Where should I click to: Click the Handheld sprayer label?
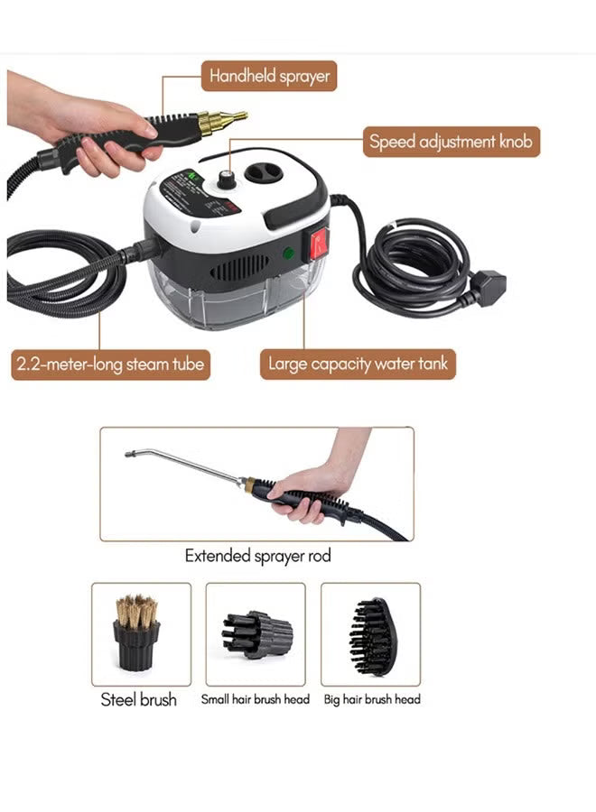click(x=269, y=76)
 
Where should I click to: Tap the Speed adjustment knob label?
click(x=452, y=142)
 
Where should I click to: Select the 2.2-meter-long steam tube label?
click(x=110, y=364)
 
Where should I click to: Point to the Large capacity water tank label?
click(x=358, y=364)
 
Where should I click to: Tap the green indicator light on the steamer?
click(x=288, y=254)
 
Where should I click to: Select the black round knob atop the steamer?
click(x=226, y=180)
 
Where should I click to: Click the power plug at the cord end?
click(x=489, y=287)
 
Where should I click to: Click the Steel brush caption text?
click(x=139, y=699)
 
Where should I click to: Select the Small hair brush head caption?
click(x=256, y=699)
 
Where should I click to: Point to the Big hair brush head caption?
click(x=372, y=699)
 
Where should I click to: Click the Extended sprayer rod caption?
click(x=257, y=556)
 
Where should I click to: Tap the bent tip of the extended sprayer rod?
click(x=132, y=452)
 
